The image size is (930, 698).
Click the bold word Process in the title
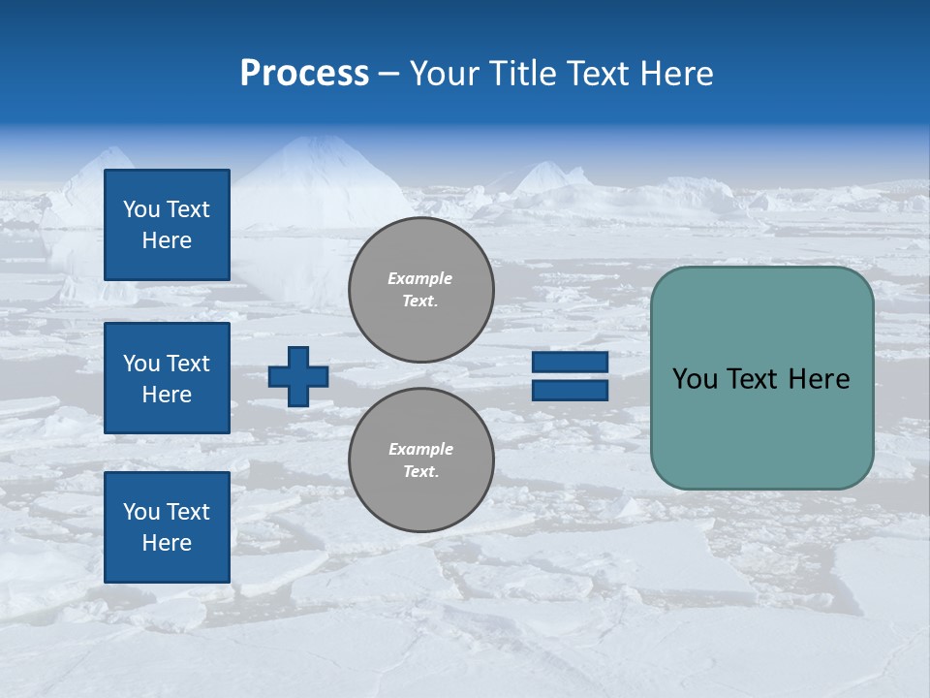[x=304, y=74]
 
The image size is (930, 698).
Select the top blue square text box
[x=167, y=225]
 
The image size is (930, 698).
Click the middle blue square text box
[x=167, y=378]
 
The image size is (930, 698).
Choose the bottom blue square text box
[x=167, y=527]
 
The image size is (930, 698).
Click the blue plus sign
[x=298, y=376]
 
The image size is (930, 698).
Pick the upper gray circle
[x=420, y=290]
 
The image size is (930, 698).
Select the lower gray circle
[x=420, y=460]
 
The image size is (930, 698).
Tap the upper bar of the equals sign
[x=570, y=363]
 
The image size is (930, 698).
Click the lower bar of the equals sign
[x=570, y=390]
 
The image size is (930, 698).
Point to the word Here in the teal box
[x=819, y=379]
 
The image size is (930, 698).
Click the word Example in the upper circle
[x=420, y=278]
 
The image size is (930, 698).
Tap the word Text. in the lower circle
[x=420, y=472]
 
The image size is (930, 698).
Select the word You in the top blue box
[x=141, y=209]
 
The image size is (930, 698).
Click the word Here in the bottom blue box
[x=167, y=543]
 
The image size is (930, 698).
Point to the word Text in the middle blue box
[x=188, y=364]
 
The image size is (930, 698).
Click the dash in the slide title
[x=388, y=74]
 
